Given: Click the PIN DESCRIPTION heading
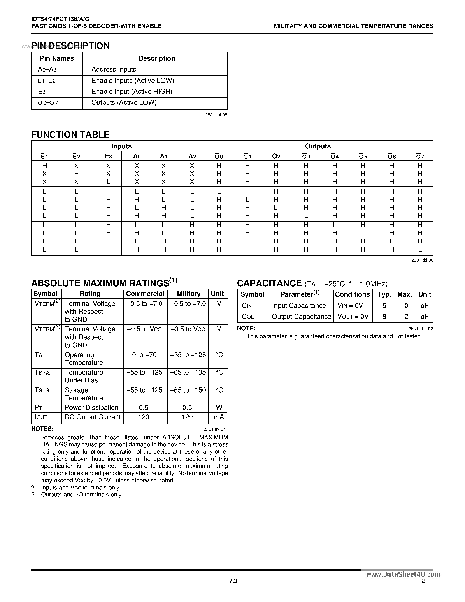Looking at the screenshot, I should (70, 46).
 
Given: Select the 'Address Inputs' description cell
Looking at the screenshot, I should (114, 69).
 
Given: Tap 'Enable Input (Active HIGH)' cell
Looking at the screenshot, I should (132, 92).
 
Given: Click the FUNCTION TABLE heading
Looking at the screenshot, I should (70, 134).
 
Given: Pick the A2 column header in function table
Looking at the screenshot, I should (192, 157).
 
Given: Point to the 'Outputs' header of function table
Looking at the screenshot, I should (318, 146).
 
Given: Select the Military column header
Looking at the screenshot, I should (188, 294).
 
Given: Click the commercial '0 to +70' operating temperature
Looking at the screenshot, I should (144, 355).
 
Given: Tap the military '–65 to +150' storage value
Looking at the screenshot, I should (188, 390).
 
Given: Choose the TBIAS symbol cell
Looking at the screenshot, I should (43, 373).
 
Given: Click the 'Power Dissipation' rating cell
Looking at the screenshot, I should (91, 408).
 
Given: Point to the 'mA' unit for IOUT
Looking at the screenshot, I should (219, 417).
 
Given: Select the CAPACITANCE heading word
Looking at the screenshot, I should (269, 283).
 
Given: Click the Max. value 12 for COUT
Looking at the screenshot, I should (404, 317).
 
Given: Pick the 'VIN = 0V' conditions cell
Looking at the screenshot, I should (350, 306).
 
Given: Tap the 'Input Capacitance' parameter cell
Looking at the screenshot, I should (299, 306).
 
